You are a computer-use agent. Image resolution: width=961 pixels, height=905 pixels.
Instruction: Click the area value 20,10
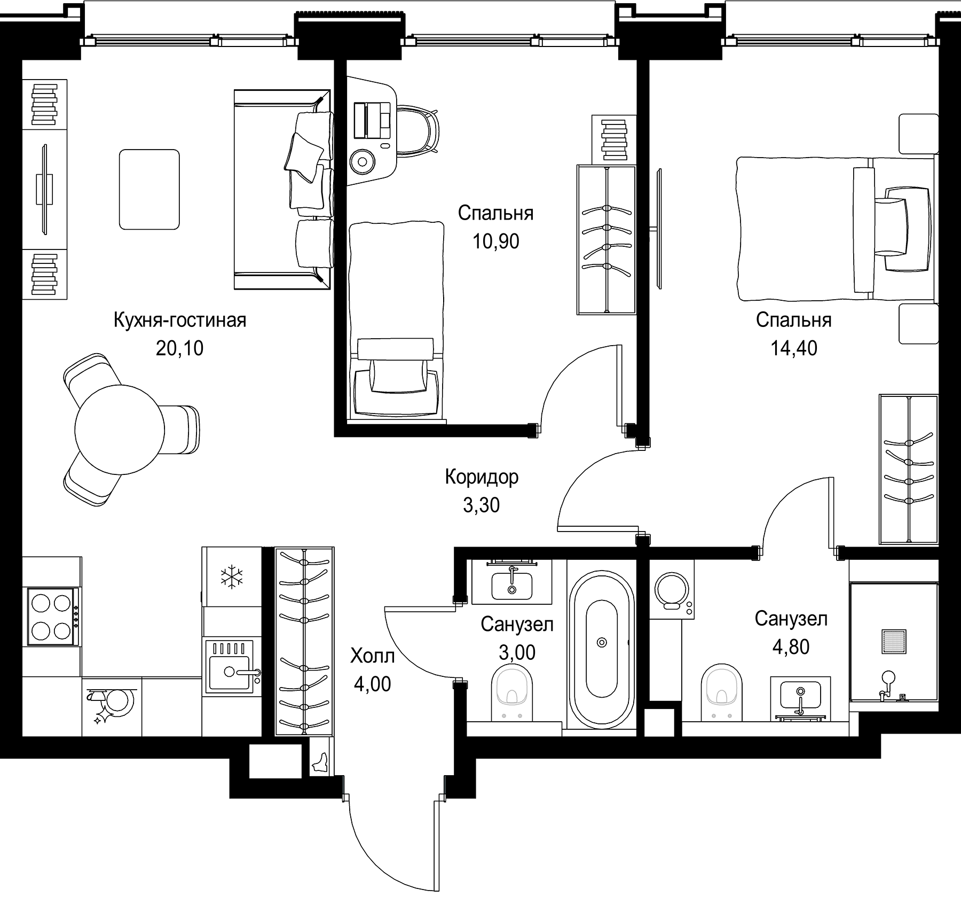[x=180, y=348]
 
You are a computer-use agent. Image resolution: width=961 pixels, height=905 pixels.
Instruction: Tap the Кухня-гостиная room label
[x=180, y=320]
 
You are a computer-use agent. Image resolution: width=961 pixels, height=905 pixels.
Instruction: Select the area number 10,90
[x=495, y=241]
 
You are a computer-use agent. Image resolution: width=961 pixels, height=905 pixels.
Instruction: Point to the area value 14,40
[x=793, y=348]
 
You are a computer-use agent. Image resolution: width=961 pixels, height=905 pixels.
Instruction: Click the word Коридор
[x=482, y=477]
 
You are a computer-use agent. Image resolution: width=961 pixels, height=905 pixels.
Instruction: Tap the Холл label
[x=372, y=656]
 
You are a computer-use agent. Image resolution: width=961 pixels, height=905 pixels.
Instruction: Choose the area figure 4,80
[x=791, y=647]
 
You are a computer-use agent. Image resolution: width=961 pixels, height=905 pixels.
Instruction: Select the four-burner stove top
[x=52, y=617]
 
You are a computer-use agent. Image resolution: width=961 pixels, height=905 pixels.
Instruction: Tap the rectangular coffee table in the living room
[x=149, y=190]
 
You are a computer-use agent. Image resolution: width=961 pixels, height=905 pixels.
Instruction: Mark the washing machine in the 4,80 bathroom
[x=672, y=590]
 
